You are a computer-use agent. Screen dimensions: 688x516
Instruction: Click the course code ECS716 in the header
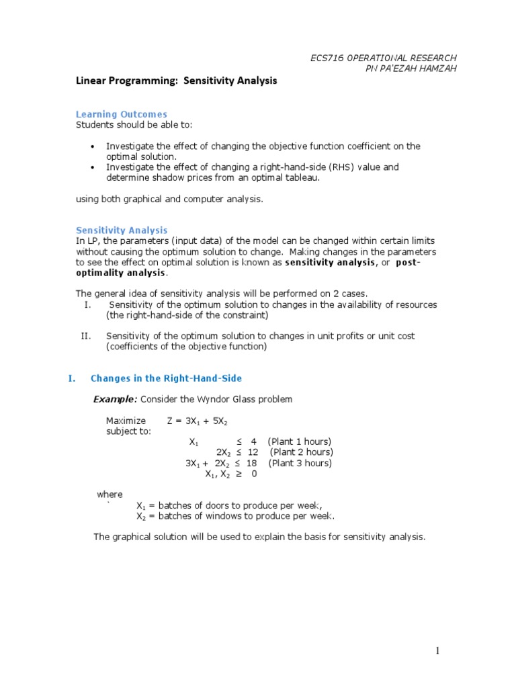(x=327, y=58)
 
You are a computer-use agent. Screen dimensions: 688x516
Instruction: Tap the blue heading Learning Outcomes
(x=121, y=114)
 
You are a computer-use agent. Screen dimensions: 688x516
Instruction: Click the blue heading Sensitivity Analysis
(x=121, y=230)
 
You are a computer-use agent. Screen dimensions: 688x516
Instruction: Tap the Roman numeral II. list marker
(x=85, y=336)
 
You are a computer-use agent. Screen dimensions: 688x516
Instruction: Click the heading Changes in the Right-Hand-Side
(x=166, y=378)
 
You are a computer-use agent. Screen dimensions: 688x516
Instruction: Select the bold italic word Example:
(x=115, y=399)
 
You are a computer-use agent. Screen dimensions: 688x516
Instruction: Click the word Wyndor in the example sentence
(x=219, y=399)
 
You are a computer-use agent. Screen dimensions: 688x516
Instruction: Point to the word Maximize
(x=126, y=421)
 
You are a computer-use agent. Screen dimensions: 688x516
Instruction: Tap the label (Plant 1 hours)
(x=299, y=441)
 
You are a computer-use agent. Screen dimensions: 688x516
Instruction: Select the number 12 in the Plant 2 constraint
(x=252, y=452)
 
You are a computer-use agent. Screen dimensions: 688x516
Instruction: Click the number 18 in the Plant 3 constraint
(x=252, y=463)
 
